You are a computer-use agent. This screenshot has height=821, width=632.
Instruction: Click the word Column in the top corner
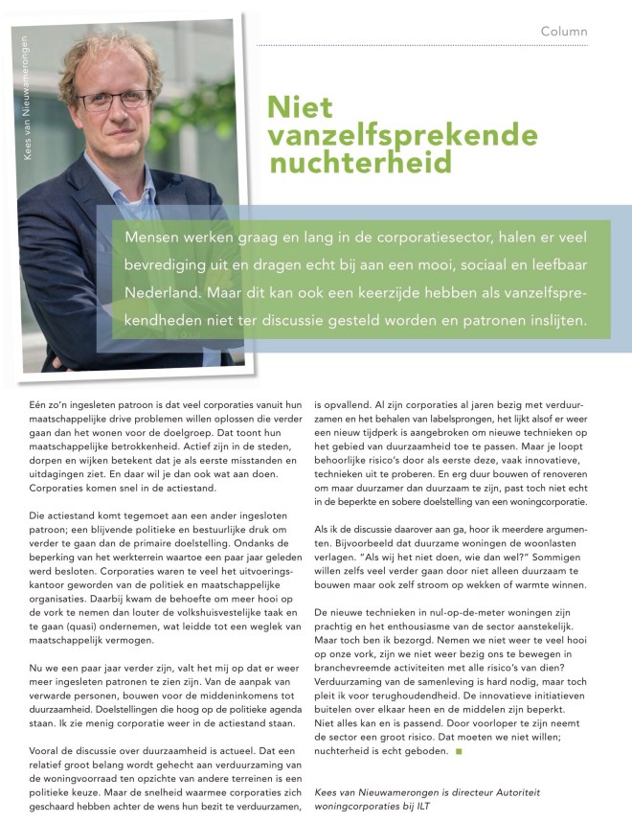coord(564,32)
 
